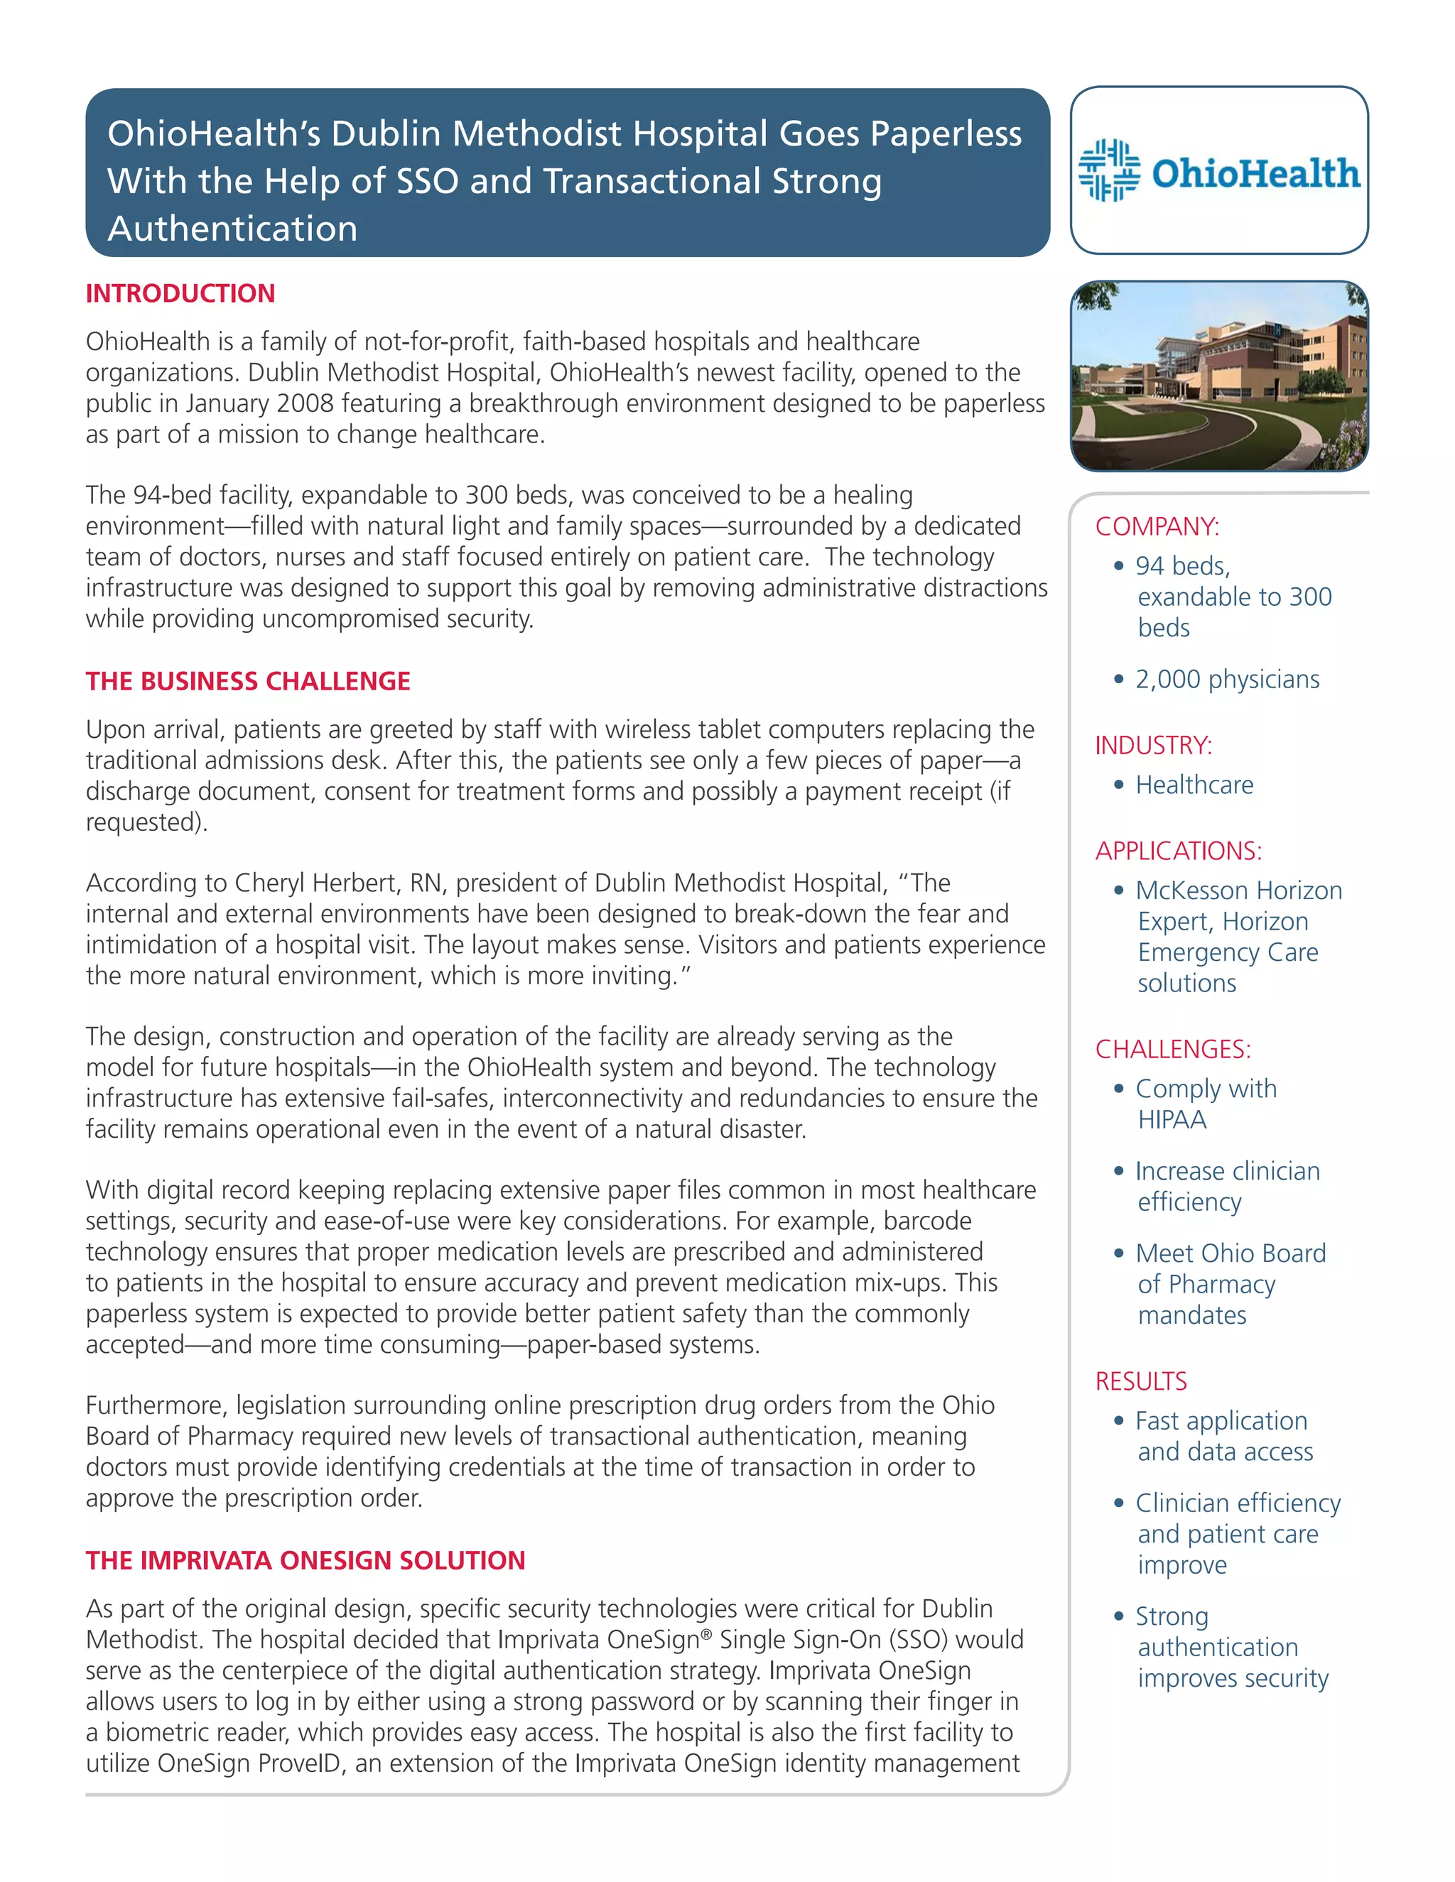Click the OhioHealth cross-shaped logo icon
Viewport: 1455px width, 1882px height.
point(1108,170)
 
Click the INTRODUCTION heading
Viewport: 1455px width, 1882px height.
point(180,294)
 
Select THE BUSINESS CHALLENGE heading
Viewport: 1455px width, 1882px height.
point(247,682)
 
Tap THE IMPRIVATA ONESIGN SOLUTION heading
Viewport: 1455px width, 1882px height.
point(305,1560)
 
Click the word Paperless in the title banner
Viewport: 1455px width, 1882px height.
point(946,134)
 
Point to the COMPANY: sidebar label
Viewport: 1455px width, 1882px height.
point(1157,526)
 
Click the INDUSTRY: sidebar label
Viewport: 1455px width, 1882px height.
point(1153,746)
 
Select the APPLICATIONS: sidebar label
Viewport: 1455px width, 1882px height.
point(1179,852)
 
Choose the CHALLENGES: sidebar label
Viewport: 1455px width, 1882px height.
point(1172,1050)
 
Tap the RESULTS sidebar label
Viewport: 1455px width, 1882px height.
point(1140,1381)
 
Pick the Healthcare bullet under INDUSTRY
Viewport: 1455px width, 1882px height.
point(1194,785)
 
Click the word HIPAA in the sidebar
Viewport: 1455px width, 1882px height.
point(1172,1120)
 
